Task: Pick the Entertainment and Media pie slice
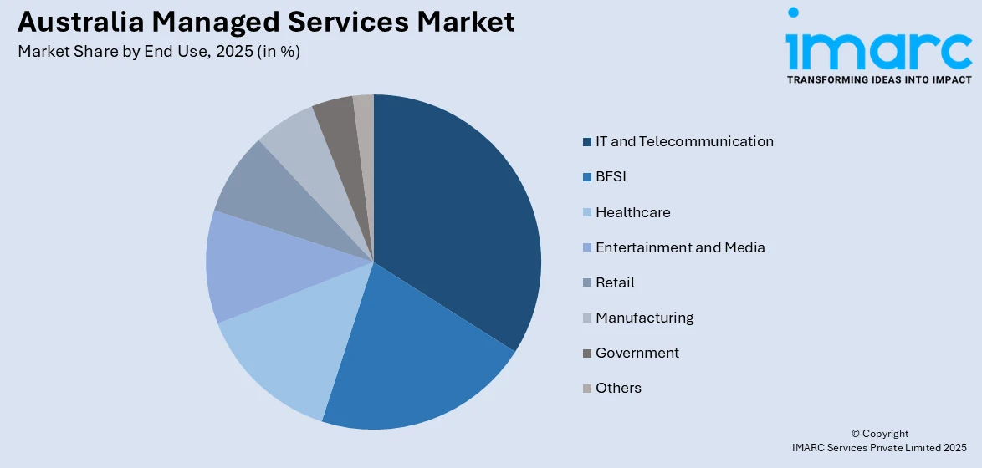tap(251, 267)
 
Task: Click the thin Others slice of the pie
tap(365, 113)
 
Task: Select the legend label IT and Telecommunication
tap(684, 141)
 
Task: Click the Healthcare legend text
tap(632, 212)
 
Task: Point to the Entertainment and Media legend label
tap(680, 247)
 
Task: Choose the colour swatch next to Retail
tap(587, 283)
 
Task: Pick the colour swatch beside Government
tap(587, 354)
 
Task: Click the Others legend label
tap(618, 388)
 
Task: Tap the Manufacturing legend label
tap(644, 318)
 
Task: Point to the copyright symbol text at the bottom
tap(879, 434)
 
